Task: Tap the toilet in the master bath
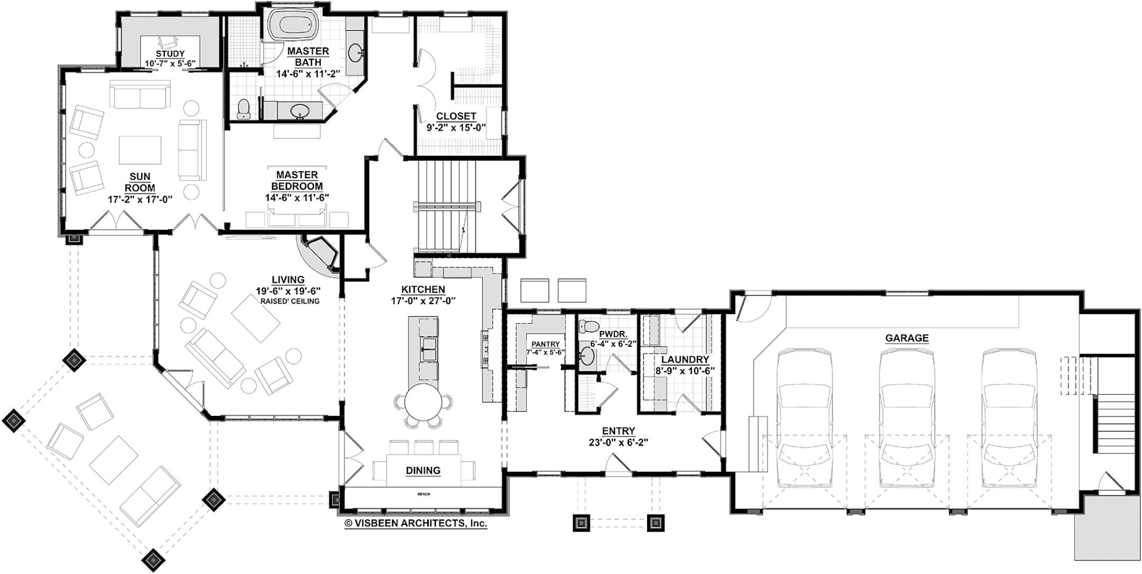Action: [244, 109]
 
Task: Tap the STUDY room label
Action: [170, 54]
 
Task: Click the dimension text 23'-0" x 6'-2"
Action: [619, 442]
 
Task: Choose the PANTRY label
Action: [545, 344]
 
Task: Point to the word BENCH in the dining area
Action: [423, 494]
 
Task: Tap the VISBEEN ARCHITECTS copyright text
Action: [416, 523]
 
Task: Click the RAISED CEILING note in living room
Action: [290, 301]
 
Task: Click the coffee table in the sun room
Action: [140, 150]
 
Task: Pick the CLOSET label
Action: [456, 116]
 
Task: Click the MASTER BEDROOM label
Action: [297, 180]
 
